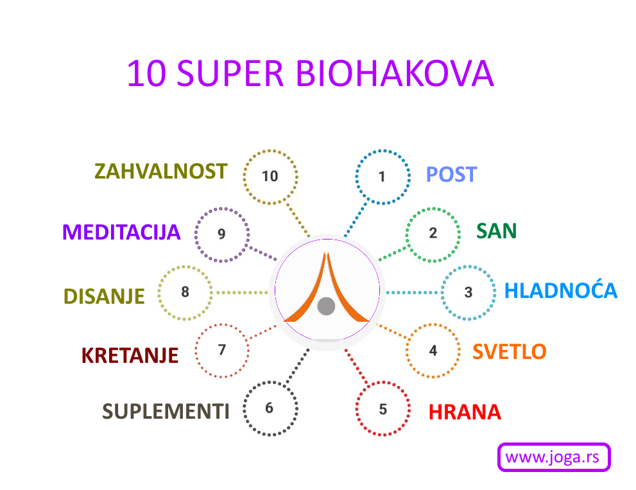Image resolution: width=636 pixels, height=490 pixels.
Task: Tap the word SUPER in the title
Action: click(x=230, y=73)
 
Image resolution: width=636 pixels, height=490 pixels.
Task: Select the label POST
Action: click(x=451, y=175)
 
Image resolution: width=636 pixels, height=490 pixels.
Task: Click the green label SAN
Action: click(x=497, y=231)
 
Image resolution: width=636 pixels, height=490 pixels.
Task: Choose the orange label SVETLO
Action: click(x=510, y=351)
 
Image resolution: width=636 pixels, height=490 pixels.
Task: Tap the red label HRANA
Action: click(x=465, y=412)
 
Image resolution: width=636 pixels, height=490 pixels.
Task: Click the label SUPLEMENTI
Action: click(x=166, y=411)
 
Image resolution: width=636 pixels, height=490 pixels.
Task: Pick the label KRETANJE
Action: click(x=130, y=355)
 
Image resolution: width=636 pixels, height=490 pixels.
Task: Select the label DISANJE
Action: click(x=104, y=296)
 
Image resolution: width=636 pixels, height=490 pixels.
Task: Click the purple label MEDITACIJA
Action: click(x=121, y=232)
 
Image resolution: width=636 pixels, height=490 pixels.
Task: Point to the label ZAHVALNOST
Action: click(x=160, y=171)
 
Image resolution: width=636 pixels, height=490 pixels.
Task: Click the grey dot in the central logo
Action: click(x=326, y=306)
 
